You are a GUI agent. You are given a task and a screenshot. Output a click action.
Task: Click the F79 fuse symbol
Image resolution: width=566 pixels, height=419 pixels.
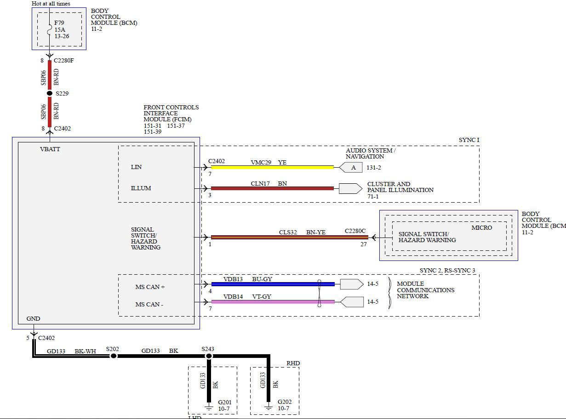click(50, 29)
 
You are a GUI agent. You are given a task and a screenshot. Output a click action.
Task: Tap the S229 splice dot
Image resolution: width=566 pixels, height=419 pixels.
click(50, 93)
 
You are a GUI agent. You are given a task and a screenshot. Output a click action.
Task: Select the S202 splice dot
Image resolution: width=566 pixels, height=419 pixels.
click(113, 356)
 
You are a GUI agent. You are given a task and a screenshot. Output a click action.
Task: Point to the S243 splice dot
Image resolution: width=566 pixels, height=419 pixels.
click(208, 356)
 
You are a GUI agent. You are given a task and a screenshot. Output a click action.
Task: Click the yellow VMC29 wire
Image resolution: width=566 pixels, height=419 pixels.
click(272, 167)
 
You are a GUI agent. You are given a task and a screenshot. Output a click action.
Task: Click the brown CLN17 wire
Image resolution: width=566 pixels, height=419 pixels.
click(272, 188)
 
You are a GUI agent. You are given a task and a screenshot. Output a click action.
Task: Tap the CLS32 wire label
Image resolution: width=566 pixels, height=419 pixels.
click(288, 232)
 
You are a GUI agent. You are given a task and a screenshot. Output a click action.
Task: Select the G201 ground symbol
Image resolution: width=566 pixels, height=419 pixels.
click(208, 406)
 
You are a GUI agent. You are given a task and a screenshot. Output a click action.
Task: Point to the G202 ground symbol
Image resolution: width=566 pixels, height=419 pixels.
click(269, 406)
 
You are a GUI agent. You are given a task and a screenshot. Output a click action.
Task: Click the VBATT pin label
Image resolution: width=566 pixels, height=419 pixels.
click(50, 149)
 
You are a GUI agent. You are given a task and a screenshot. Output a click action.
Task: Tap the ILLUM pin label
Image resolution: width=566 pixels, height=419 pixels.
click(141, 188)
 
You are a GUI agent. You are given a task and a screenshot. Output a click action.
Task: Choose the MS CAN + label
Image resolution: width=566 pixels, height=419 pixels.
click(150, 287)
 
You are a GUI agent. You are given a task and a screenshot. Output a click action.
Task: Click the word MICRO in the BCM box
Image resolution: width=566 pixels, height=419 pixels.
click(481, 228)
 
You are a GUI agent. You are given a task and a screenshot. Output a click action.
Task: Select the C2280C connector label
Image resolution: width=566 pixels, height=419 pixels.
click(355, 231)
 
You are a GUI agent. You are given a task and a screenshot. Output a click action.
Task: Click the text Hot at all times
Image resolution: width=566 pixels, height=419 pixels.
click(51, 4)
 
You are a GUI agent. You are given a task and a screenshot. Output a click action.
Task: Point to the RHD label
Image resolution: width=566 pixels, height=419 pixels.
click(293, 363)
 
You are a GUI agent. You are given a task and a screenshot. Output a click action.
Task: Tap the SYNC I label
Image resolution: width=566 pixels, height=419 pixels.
click(469, 140)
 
